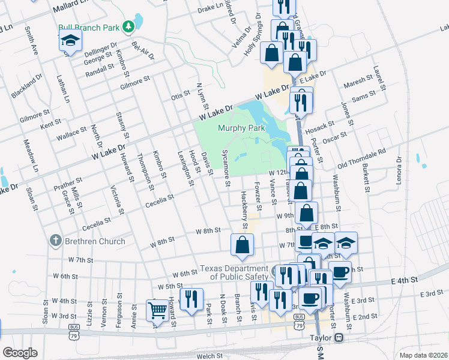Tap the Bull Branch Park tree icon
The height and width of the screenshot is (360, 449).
pyautogui.click(x=127, y=26)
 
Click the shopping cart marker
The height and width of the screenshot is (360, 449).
pyautogui.click(x=157, y=310)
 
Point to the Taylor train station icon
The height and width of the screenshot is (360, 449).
pyautogui.click(x=339, y=338)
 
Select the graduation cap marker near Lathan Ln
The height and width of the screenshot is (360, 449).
pyautogui.click(x=71, y=41)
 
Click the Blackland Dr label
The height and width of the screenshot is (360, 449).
pyautogui.click(x=26, y=86)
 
